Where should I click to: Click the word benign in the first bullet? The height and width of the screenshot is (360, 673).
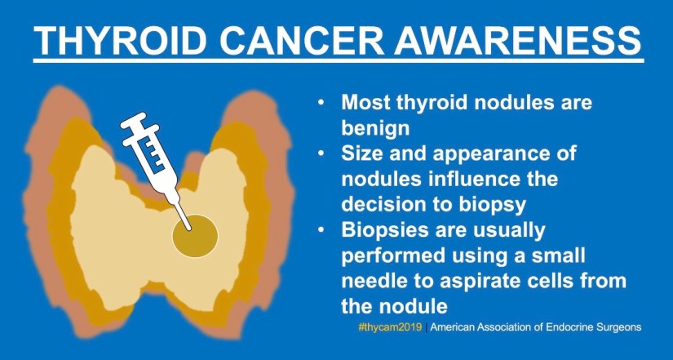[x=375, y=127]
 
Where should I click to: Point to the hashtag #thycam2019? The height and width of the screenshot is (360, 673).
[x=390, y=327]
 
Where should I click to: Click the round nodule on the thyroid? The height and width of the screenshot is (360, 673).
[x=195, y=236]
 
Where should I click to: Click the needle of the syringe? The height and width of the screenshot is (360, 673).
[x=184, y=217]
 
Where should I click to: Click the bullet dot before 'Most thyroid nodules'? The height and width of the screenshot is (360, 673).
[x=321, y=103]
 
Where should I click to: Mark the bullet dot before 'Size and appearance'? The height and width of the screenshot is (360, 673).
[x=321, y=153]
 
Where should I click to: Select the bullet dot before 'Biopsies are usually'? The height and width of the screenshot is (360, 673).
[x=321, y=230]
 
